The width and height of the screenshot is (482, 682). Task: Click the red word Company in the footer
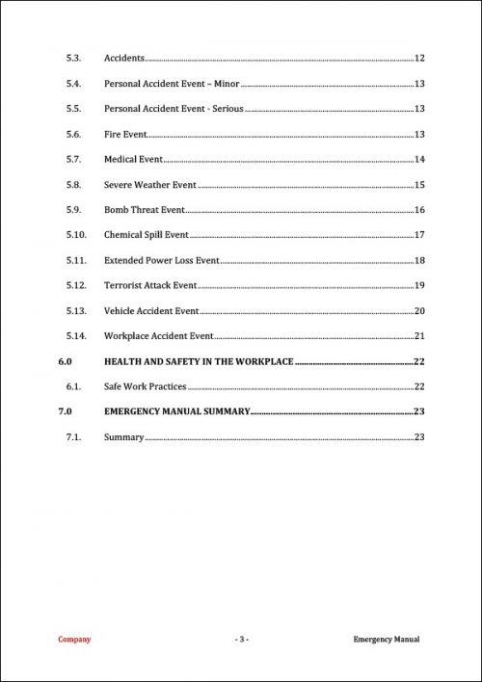(x=74, y=639)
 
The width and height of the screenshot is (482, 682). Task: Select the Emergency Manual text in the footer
(x=387, y=639)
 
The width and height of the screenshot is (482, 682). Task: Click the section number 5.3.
(x=75, y=59)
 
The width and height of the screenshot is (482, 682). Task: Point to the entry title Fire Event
(x=124, y=134)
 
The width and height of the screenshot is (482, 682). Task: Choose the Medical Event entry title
(x=133, y=159)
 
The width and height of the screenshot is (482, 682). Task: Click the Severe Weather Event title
(x=149, y=184)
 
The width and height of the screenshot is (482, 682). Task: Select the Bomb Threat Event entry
(x=144, y=209)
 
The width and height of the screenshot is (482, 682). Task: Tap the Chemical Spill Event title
(x=146, y=235)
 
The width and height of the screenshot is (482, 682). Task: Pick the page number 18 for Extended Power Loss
(x=419, y=260)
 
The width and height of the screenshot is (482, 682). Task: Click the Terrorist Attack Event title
(x=149, y=285)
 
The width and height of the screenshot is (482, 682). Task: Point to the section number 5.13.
(x=77, y=310)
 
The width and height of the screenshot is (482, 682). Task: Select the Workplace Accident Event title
(x=157, y=336)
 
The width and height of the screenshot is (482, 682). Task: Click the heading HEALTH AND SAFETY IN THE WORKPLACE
(x=198, y=361)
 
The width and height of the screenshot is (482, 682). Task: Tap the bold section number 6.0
(x=65, y=361)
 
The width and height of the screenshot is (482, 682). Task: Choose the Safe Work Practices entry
(x=145, y=386)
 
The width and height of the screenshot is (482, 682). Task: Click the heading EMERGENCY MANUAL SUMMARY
(x=176, y=411)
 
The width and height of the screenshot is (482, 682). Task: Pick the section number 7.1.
(x=75, y=437)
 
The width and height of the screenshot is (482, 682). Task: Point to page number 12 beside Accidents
(x=419, y=59)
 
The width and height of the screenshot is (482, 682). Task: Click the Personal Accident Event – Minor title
(x=172, y=84)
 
